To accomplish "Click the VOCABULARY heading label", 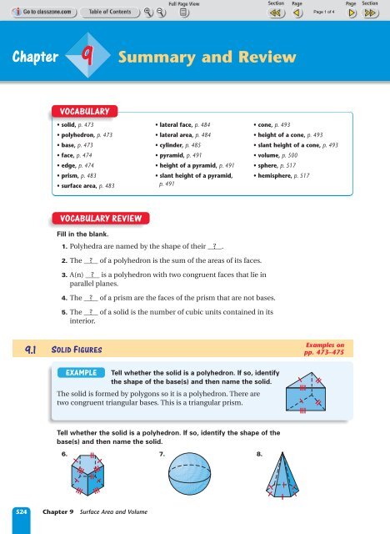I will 84,109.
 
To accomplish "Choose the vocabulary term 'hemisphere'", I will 280,174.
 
